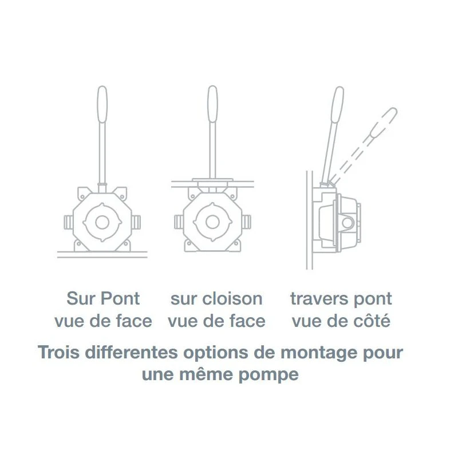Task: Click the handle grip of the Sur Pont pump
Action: point(102,104)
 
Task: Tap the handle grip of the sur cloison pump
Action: point(212,104)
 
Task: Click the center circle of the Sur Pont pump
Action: point(102,223)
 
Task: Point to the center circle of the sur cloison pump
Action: point(212,222)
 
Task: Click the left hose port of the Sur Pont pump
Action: point(68,222)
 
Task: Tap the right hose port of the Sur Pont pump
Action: point(136,222)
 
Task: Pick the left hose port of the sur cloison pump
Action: point(179,222)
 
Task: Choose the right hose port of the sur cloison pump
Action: point(247,222)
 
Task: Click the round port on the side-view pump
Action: point(348,223)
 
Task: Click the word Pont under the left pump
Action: point(120,298)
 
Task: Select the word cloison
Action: point(232,298)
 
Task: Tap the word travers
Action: point(319,299)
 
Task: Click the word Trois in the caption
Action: point(59,352)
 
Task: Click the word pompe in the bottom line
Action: point(269,376)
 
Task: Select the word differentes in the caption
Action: point(132,352)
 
